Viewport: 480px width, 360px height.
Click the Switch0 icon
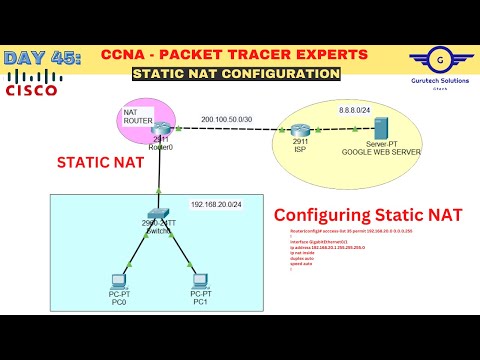159,214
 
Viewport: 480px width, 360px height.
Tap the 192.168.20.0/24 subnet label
218,204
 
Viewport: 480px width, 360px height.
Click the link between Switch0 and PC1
181,246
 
